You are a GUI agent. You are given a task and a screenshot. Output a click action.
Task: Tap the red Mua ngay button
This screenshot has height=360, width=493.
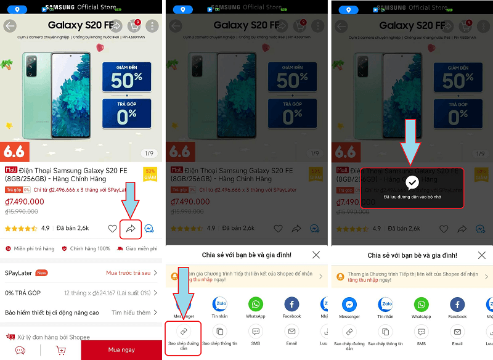pyautogui.click(x=121, y=350)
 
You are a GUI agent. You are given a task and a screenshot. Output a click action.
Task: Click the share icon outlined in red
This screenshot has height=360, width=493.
pyautogui.click(x=131, y=229)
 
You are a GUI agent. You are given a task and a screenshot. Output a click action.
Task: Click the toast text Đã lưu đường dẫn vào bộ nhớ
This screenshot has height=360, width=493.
pyautogui.click(x=412, y=197)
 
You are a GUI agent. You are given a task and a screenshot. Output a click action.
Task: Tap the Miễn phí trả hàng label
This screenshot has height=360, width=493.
pyautogui.click(x=34, y=249)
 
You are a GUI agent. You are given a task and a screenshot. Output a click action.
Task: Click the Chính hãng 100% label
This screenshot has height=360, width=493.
pyautogui.click(x=90, y=249)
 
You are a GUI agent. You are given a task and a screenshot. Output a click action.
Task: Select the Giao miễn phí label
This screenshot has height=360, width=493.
pyautogui.click(x=141, y=249)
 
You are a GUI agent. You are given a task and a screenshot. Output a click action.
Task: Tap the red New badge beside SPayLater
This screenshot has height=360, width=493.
pyautogui.click(x=42, y=273)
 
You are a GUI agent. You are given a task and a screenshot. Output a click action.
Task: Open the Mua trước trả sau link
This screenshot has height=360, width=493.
pyautogui.click(x=128, y=273)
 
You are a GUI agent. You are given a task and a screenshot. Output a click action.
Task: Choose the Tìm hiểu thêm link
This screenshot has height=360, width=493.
pyautogui.click(x=131, y=313)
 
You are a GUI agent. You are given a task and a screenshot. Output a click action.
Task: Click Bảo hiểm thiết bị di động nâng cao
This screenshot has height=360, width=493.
pyautogui.click(x=52, y=313)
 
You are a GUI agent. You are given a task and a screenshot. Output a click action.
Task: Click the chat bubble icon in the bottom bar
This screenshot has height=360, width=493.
pyautogui.click(x=20, y=350)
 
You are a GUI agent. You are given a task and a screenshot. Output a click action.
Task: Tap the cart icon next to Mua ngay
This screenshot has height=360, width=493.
pyautogui.click(x=60, y=350)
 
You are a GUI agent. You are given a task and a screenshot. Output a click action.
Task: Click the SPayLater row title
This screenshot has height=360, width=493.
pyautogui.click(x=18, y=273)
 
